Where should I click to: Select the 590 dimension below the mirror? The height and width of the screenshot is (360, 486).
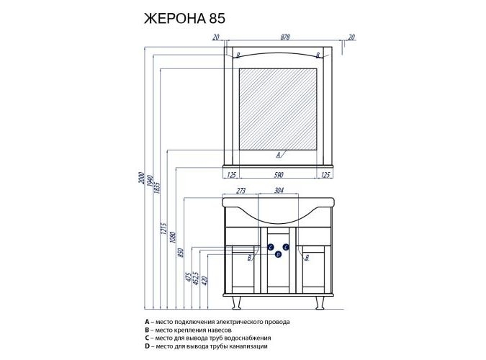pyautogui.click(x=278, y=175)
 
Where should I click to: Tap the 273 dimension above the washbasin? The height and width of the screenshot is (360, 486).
pyautogui.click(x=242, y=192)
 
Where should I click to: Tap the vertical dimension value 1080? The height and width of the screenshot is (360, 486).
pyautogui.click(x=174, y=235)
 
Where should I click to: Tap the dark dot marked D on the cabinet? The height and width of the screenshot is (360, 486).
pyautogui.click(x=278, y=254)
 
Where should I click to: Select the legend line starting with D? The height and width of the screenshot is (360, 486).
pyautogui.click(x=206, y=346)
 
